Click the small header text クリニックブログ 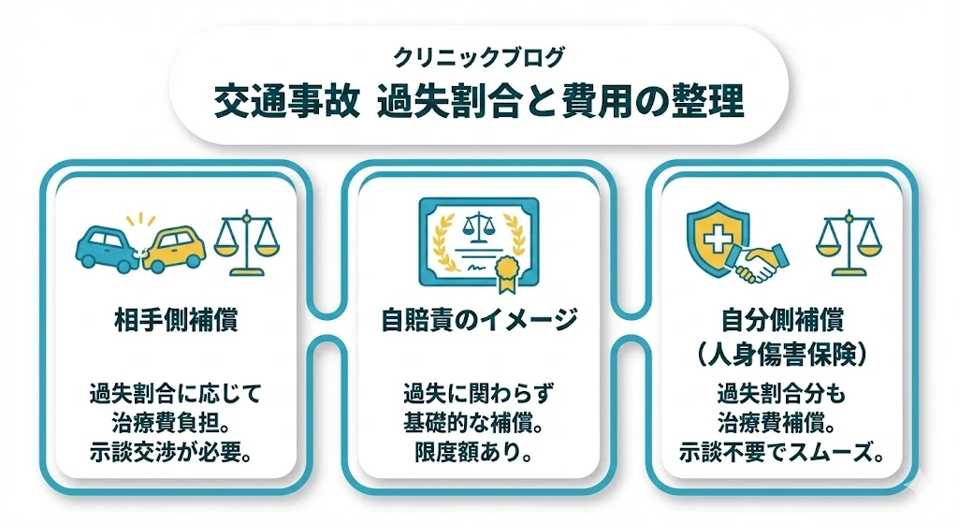(478, 57)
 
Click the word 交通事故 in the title (287, 101)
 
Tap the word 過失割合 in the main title (449, 101)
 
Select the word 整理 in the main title (707, 101)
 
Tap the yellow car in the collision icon (173, 249)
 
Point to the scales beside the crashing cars (246, 243)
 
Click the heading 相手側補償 (176, 320)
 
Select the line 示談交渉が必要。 (172, 452)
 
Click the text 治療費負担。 (172, 423)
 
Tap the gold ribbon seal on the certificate (506, 273)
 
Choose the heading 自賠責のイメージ (480, 320)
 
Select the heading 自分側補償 (783, 320)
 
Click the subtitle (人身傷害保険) (783, 355)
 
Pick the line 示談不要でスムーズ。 (783, 452)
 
